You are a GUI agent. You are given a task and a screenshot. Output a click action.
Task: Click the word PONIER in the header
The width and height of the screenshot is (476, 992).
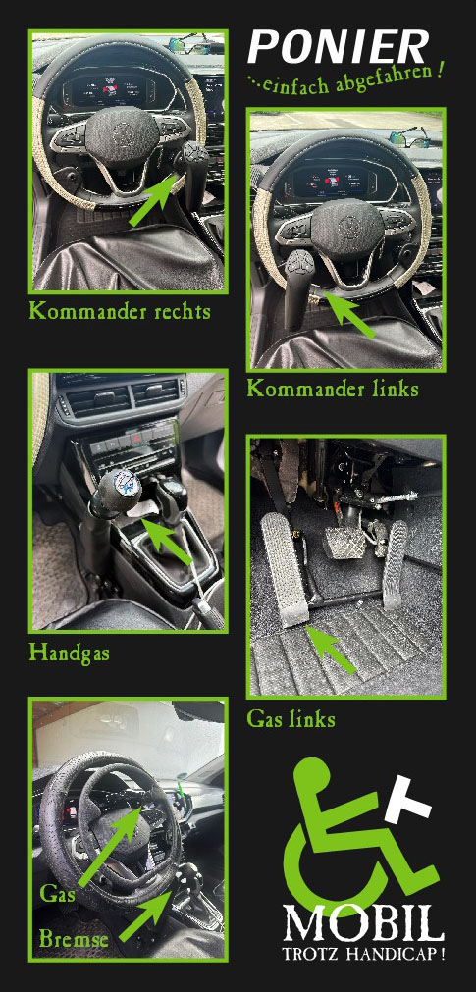(x=339, y=47)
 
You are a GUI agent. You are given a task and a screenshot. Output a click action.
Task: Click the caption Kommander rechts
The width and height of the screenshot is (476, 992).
(x=120, y=312)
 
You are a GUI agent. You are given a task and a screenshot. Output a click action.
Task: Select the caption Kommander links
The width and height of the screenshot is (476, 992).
(x=333, y=389)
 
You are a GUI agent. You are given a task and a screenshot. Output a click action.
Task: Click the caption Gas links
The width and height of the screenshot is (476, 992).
(x=291, y=719)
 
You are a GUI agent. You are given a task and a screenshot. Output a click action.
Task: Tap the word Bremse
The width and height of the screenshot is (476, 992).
(x=74, y=939)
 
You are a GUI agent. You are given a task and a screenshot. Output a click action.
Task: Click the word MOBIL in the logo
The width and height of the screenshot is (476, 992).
(x=363, y=923)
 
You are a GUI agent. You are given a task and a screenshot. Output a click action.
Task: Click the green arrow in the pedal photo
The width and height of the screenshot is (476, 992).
(x=331, y=651)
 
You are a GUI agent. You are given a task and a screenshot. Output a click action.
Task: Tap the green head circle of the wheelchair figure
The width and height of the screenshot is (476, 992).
(x=312, y=774)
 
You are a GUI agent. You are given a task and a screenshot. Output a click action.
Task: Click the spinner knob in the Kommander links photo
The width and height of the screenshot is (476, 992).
(x=298, y=262)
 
